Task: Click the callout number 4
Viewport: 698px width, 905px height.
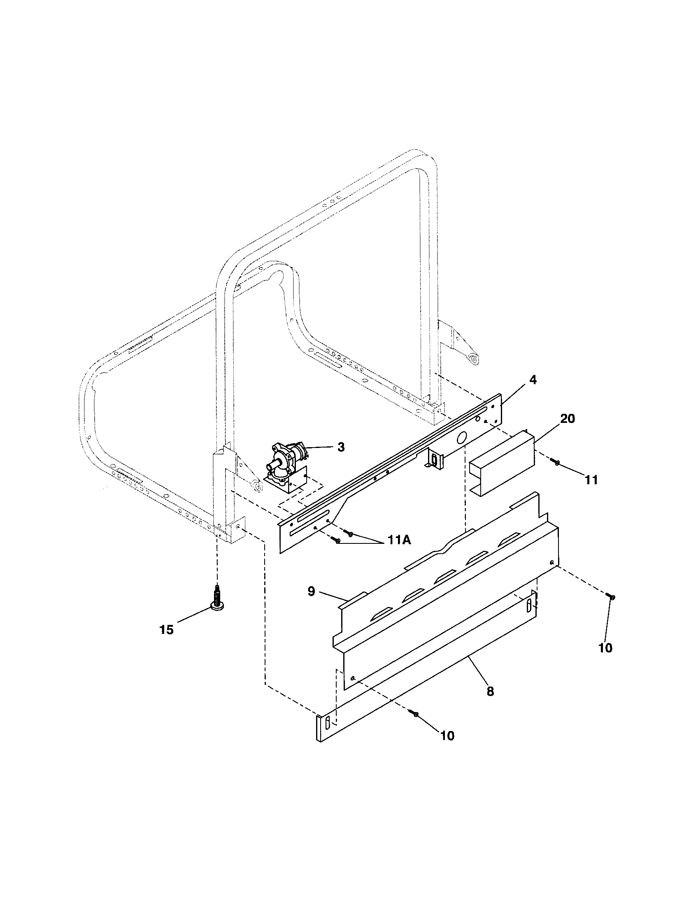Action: tap(533, 380)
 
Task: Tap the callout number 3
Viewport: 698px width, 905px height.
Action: tap(340, 448)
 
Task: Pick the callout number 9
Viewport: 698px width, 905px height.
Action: tap(311, 591)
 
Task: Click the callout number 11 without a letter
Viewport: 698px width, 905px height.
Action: tap(591, 480)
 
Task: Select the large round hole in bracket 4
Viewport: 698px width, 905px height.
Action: tap(461, 438)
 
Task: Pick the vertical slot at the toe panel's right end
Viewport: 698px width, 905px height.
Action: tap(528, 606)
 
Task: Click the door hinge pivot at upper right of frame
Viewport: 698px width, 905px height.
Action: tap(474, 360)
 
